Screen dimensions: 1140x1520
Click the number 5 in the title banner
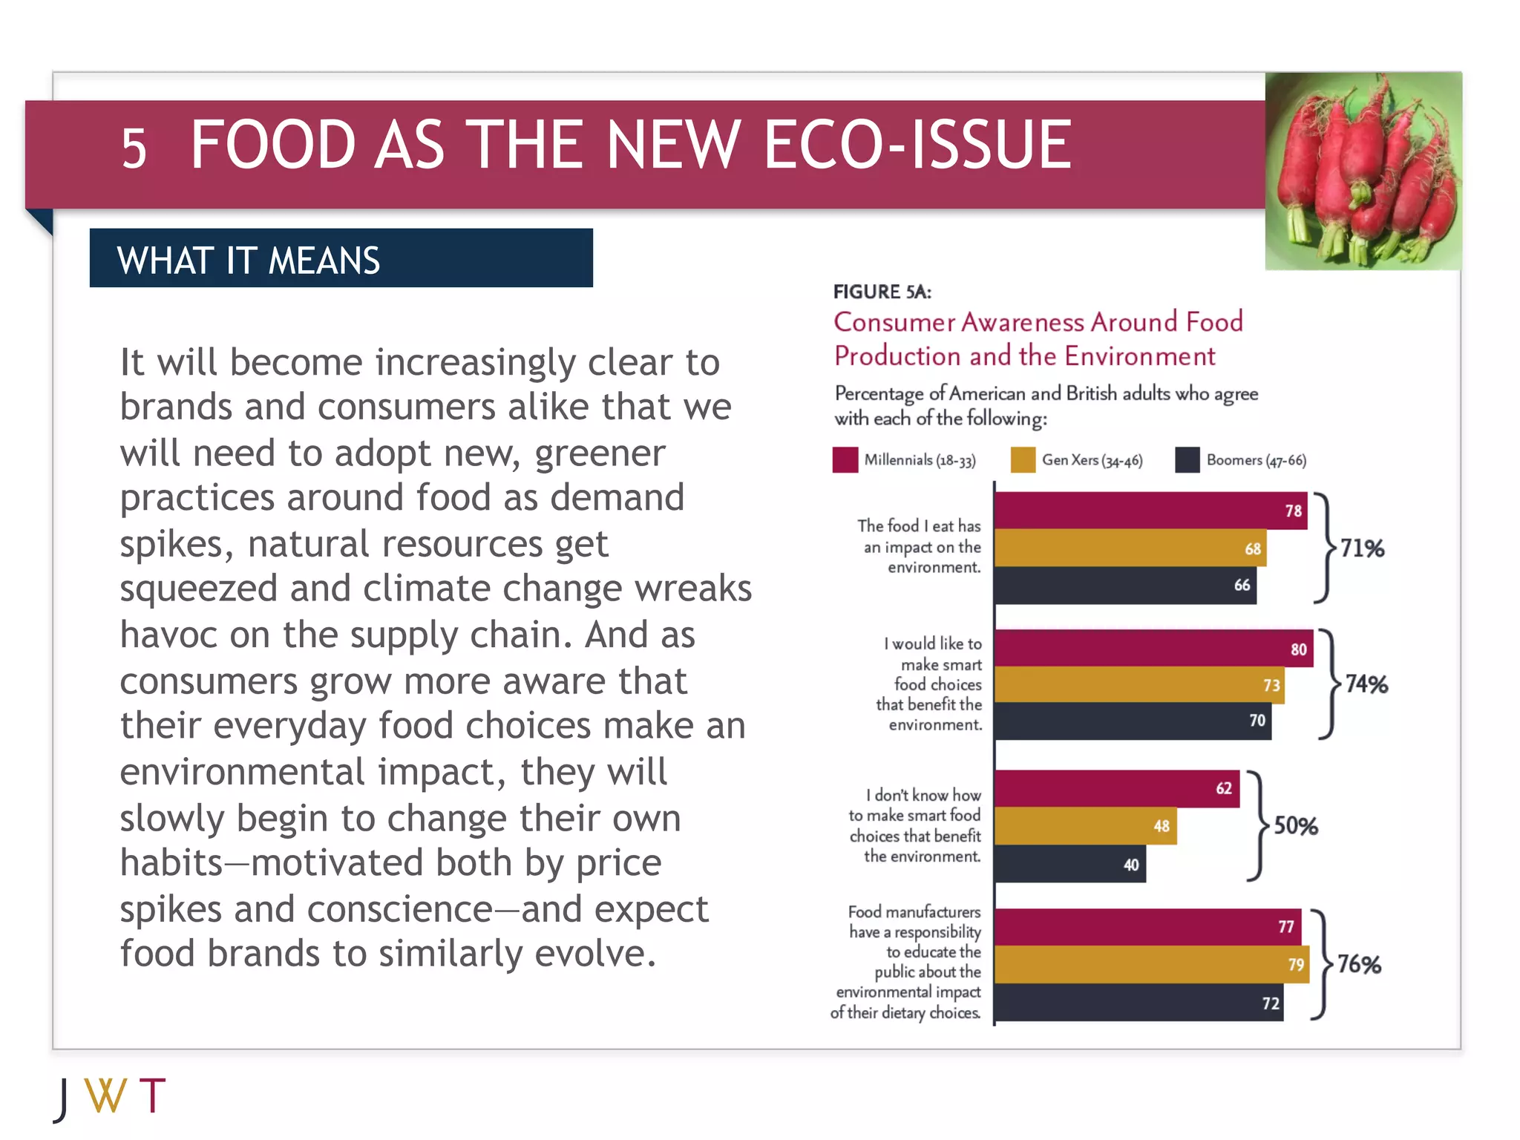[134, 148]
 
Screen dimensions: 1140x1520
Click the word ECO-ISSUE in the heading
[917, 145]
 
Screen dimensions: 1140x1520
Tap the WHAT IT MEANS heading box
[341, 258]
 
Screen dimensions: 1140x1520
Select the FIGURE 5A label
[882, 292]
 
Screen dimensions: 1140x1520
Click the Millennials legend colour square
[845, 460]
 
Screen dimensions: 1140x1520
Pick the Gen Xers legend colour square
[1023, 460]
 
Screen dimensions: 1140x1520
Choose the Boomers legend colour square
[1187, 460]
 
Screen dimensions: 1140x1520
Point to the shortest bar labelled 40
[1069, 865]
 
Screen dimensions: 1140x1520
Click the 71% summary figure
[1362, 548]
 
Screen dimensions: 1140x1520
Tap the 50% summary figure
[1296, 826]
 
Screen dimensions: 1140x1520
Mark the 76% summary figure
[1359, 964]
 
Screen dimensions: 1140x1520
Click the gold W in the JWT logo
[105, 1095]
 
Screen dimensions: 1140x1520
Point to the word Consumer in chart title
[894, 322]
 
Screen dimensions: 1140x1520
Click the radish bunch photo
[1363, 171]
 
